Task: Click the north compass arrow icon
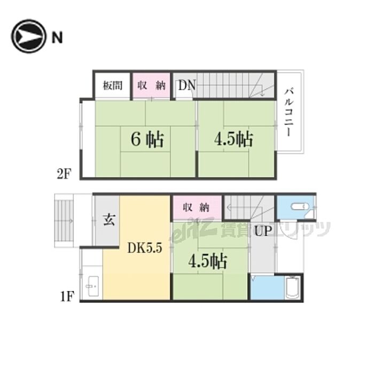pyautogui.click(x=28, y=36)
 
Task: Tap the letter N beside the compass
pyautogui.click(x=57, y=37)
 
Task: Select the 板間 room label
pyautogui.click(x=112, y=85)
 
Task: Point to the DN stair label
pyautogui.click(x=187, y=85)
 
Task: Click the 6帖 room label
pyautogui.click(x=147, y=140)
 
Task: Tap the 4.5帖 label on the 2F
pyautogui.click(x=233, y=140)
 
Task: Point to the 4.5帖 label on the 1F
pyautogui.click(x=207, y=261)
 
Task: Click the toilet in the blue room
pyautogui.click(x=298, y=207)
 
